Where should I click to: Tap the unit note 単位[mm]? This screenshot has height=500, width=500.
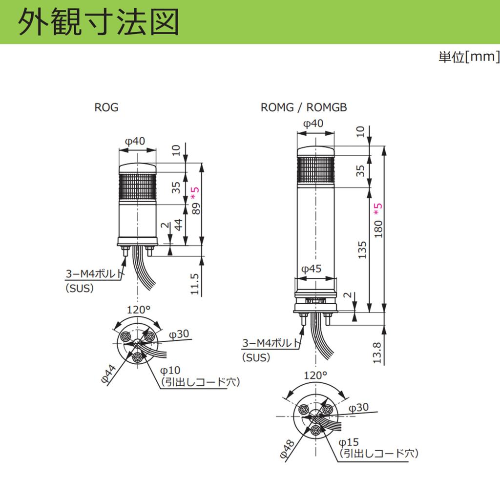(469, 57)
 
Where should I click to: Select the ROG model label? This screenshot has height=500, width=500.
(106, 107)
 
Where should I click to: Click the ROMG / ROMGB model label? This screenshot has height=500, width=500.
(304, 107)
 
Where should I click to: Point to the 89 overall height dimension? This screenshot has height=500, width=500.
(196, 208)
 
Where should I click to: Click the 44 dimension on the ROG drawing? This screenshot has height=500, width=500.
(179, 225)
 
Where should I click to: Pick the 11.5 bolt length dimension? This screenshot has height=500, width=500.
(194, 284)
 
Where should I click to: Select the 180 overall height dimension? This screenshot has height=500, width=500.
(378, 229)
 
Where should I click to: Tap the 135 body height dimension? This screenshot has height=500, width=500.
(362, 250)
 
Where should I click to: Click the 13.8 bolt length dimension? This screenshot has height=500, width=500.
(376, 353)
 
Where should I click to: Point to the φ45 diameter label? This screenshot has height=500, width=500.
(311, 269)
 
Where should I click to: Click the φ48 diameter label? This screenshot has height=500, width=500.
(287, 449)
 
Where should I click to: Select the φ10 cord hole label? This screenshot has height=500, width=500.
(170, 371)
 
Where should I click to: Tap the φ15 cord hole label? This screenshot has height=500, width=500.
(349, 442)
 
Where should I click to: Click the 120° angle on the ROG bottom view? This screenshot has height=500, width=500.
(138, 310)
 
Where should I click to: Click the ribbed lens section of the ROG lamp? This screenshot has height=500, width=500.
(137, 188)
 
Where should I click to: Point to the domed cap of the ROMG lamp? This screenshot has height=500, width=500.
(316, 151)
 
